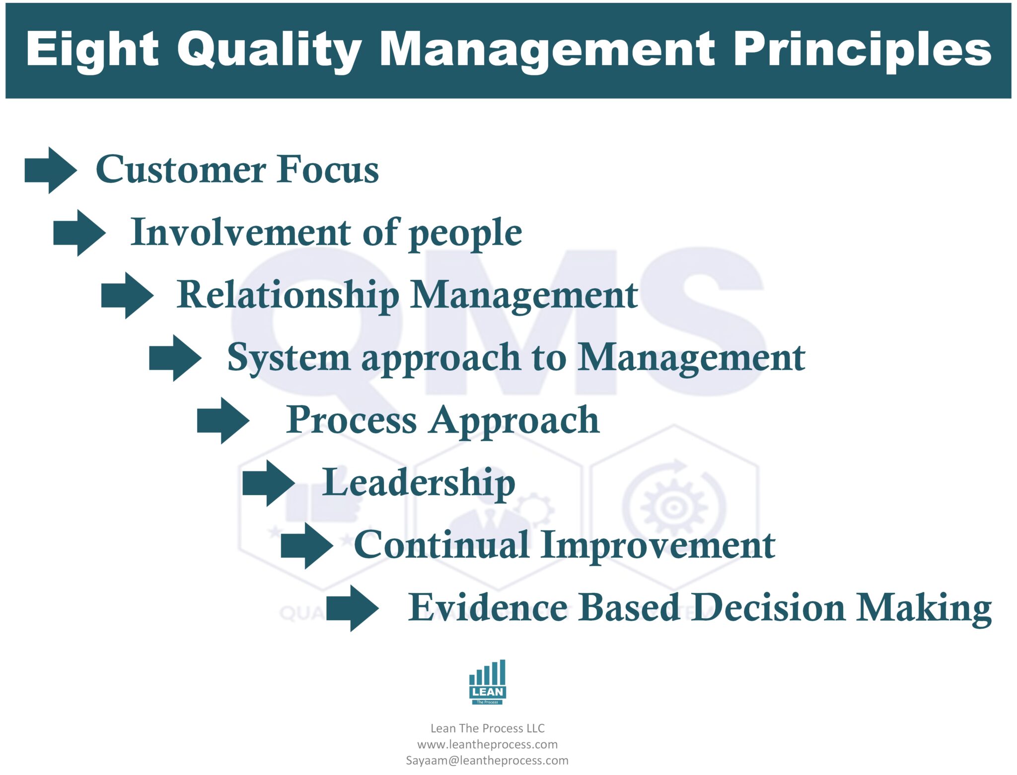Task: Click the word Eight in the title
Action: pos(92,50)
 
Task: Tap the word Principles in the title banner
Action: pos(862,50)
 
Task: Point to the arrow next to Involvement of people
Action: pos(79,233)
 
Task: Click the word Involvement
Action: pos(241,232)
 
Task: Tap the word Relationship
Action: pos(288,295)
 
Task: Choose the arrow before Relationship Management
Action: pos(128,295)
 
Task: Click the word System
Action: pos(289,358)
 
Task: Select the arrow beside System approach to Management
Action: pos(175,358)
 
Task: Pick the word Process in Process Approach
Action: pos(351,420)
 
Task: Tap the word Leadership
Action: pos(419,483)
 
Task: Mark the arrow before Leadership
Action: pos(269,483)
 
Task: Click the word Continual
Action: pos(441,545)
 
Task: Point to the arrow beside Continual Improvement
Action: pos(307,545)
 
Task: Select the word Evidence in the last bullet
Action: pos(488,607)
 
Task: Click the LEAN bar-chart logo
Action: pos(487,682)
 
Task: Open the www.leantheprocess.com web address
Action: pos(487,744)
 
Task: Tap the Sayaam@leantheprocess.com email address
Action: pos(487,760)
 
